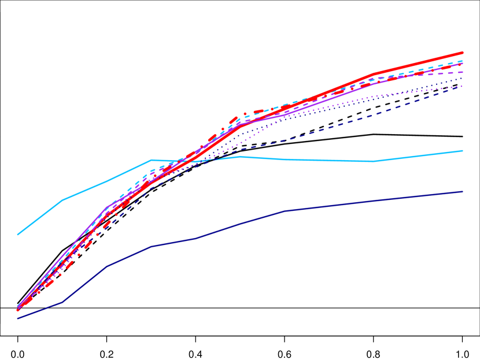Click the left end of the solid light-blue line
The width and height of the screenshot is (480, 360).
tap(18, 235)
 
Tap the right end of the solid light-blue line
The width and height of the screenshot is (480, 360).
tap(463, 151)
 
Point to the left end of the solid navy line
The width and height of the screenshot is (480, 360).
tap(18, 318)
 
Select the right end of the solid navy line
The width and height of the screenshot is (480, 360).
tap(463, 191)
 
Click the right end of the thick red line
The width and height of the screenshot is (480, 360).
tap(463, 53)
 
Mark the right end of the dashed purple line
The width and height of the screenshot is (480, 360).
tap(463, 72)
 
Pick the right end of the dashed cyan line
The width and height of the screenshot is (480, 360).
tap(463, 61)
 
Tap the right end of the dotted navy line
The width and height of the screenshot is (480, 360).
tap(463, 80)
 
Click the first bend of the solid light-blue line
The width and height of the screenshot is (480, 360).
tap(62, 201)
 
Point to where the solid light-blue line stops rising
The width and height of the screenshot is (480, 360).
tap(152, 160)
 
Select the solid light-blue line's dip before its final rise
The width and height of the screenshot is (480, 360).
tap(376, 161)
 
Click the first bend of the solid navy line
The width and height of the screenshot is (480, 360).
tap(62, 302)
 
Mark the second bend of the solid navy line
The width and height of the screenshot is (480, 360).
tap(107, 266)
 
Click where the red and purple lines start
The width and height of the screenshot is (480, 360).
tap(18, 307)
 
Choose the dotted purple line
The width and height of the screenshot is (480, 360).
tap(324, 107)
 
